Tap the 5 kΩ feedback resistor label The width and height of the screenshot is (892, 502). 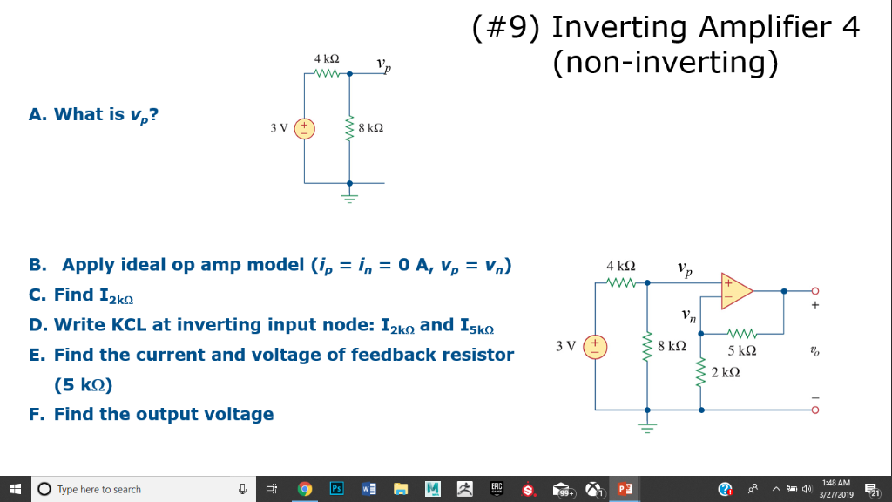click(742, 350)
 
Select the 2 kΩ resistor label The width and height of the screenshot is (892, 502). click(724, 372)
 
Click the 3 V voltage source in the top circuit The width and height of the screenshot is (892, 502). click(305, 127)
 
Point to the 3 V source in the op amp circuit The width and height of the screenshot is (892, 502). click(597, 345)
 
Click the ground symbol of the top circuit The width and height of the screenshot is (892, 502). click(349, 195)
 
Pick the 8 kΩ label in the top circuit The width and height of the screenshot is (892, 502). click(370, 128)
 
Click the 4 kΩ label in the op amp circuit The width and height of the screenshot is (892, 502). click(619, 264)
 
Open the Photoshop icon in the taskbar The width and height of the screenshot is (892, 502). click(337, 489)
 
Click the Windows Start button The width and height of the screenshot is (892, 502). click(15, 489)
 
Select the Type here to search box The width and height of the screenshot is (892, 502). click(131, 489)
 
